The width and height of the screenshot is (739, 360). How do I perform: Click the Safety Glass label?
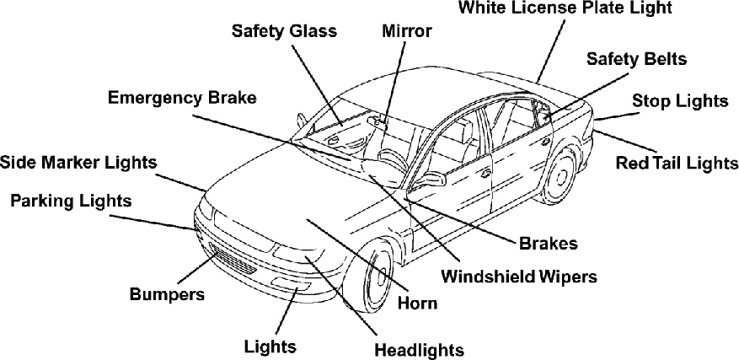[284, 31]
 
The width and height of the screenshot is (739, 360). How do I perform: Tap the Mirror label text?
[406, 31]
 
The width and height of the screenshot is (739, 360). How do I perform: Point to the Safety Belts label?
[636, 59]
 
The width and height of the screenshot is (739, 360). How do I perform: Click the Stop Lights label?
[679, 101]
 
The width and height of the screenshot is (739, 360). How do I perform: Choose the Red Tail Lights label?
[677, 162]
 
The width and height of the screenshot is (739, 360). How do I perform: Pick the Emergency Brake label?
[182, 97]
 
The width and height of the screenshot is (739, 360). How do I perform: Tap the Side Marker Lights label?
[78, 161]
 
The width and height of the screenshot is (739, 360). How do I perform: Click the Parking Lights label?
[71, 201]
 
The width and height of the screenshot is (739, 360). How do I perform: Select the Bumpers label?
[167, 294]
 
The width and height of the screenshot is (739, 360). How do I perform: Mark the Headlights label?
[419, 349]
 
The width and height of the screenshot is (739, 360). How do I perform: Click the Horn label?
[418, 303]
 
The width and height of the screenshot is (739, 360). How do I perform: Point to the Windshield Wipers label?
[519, 276]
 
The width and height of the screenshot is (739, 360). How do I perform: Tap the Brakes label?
[548, 244]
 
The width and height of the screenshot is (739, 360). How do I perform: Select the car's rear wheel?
[557, 176]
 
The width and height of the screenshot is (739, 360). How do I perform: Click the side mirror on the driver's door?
[432, 179]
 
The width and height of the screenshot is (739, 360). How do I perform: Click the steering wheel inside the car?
[390, 157]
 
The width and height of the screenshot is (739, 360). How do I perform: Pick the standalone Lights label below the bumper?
[270, 346]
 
